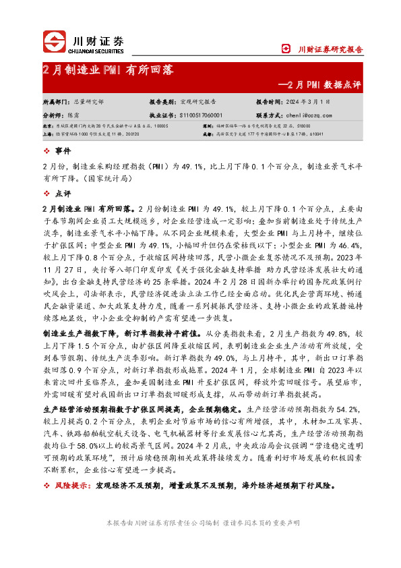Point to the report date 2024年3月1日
tap(311, 101)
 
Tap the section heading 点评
tap(61, 193)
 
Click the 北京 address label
tap(47, 126)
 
